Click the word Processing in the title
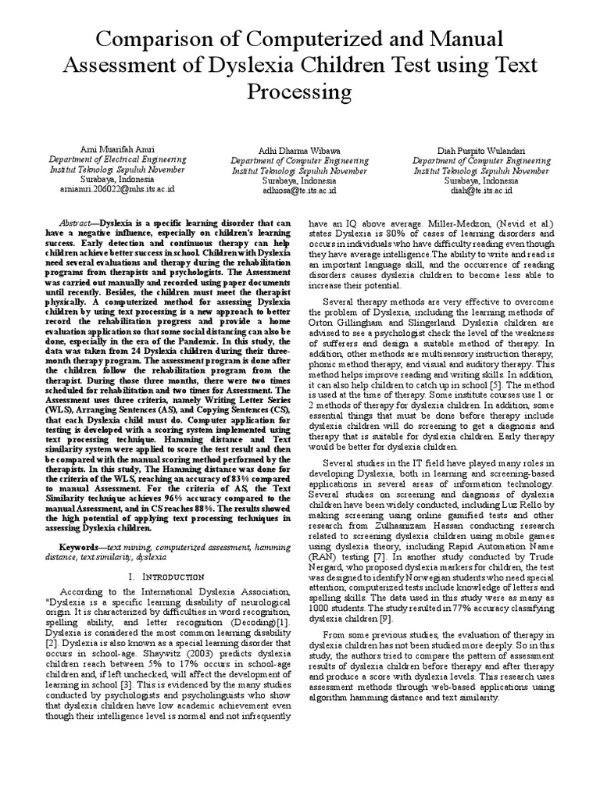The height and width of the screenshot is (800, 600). (300, 93)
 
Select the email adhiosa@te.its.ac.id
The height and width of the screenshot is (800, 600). (300, 190)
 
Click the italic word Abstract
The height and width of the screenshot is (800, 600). (65, 222)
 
